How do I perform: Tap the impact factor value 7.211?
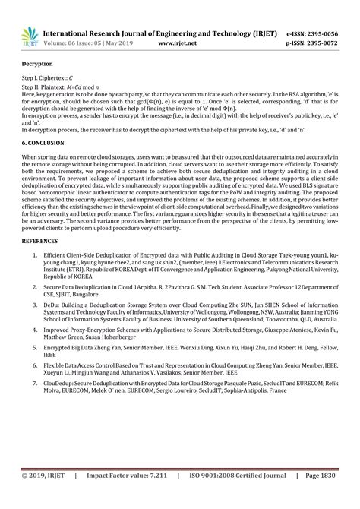click(x=157, y=497)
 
